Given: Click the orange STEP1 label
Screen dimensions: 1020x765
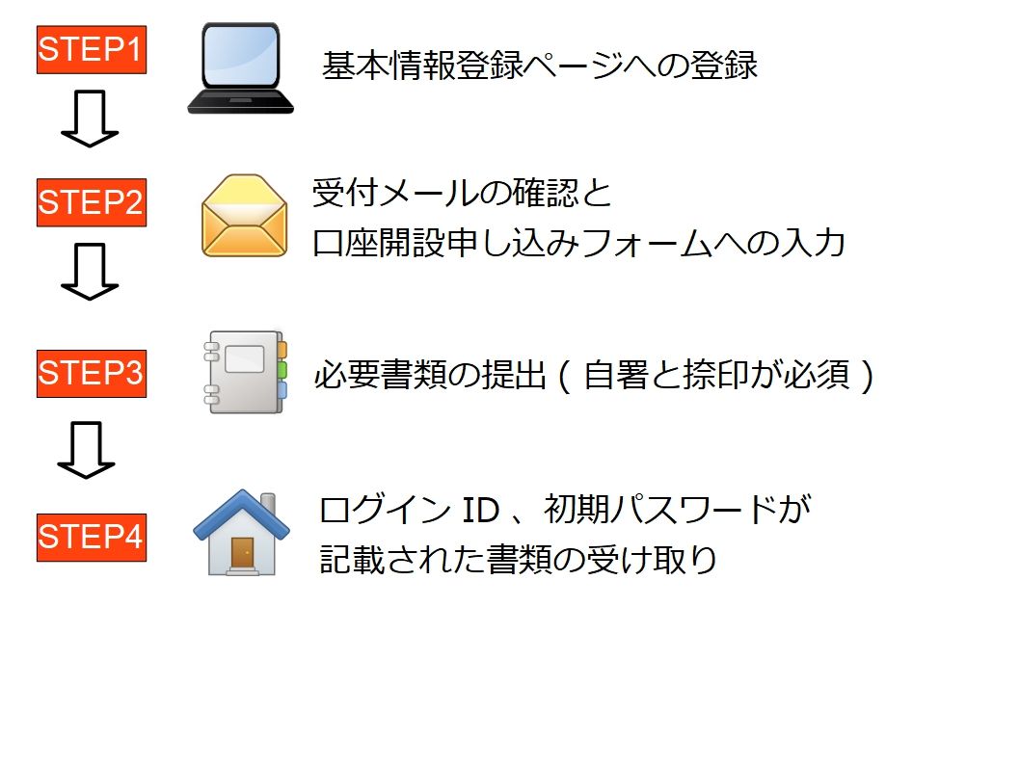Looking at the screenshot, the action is click(x=92, y=49).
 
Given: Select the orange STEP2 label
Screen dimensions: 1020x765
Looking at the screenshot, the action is click(x=92, y=202).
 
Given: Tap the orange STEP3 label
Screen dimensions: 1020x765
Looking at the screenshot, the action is click(x=92, y=373).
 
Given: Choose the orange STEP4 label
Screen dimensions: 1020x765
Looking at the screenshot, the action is click(x=92, y=537).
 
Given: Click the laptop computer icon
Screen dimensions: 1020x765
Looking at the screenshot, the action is click(x=241, y=69).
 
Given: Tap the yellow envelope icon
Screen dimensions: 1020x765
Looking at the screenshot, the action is click(x=245, y=216).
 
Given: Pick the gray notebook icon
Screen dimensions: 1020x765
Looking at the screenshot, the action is click(x=245, y=372).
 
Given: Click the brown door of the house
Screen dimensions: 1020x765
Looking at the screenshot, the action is click(x=242, y=552).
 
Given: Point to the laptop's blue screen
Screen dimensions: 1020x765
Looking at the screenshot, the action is click(x=241, y=57).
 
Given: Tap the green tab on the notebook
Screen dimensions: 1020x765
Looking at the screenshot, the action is click(x=282, y=370).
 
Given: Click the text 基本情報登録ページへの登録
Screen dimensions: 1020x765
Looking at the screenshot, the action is click(x=540, y=66).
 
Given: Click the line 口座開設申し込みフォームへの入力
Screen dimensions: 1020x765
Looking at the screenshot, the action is click(x=578, y=244).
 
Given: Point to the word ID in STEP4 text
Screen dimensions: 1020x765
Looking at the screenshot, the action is click(x=478, y=511).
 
